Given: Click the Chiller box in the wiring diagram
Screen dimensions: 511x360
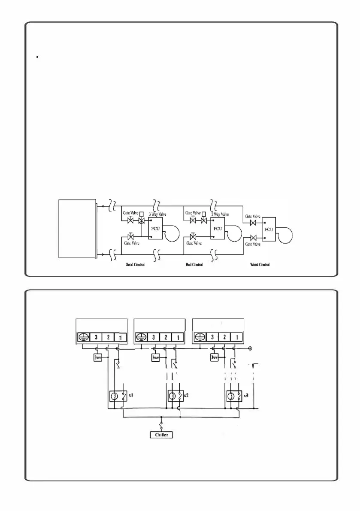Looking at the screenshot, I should tap(161, 435).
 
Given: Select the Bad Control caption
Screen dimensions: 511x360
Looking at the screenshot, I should tap(194, 265).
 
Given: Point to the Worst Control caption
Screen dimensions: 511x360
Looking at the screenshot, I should tap(260, 265).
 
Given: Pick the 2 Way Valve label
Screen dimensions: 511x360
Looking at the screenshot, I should tap(220, 214).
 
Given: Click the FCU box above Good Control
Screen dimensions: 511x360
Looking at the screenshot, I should tap(155, 228).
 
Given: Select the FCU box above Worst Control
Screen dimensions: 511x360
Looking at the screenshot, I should tap(269, 229).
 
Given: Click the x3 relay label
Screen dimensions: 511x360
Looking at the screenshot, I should tap(246, 395).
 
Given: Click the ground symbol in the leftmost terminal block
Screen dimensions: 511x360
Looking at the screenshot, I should tap(83, 337).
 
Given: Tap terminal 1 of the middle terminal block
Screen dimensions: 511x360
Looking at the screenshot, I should tap(178, 337).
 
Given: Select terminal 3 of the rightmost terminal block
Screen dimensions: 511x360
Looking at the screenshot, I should tap(212, 337).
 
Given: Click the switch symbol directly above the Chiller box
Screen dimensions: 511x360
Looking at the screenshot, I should tap(161, 426).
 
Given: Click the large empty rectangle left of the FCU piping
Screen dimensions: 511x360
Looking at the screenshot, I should tap(77, 228).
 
